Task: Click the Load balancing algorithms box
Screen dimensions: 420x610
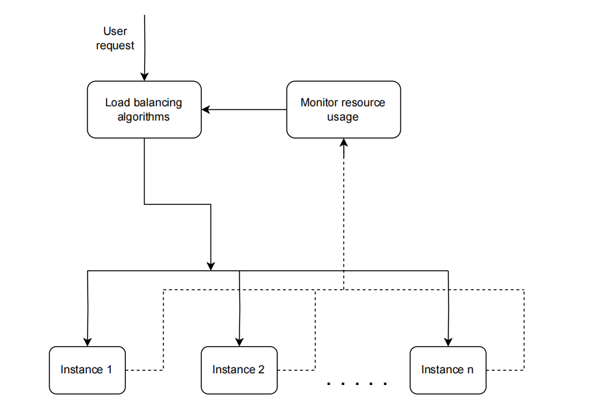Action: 143,110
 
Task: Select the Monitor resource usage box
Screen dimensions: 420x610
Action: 343,110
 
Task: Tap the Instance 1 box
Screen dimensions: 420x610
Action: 86,369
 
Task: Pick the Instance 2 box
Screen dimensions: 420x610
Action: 238,369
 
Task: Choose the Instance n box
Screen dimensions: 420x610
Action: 448,369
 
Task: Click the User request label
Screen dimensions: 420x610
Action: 115,38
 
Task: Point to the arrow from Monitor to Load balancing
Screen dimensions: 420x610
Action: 247,110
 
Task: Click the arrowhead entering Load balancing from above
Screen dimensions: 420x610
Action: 144,76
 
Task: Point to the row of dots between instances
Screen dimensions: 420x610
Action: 357,384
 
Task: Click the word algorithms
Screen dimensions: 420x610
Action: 143,117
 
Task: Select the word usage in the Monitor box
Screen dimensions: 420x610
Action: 343,117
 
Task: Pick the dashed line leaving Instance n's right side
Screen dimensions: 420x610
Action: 505,370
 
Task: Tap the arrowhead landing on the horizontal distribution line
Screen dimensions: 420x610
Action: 211,265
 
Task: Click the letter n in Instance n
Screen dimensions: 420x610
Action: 470,369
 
